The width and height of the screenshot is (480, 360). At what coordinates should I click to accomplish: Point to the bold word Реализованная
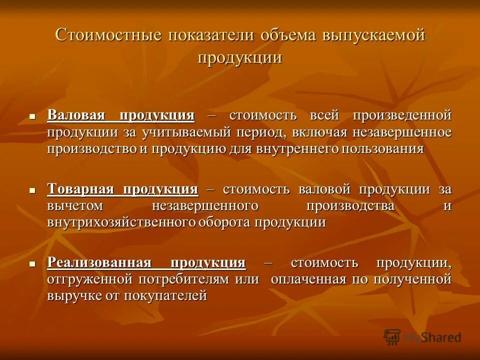99,262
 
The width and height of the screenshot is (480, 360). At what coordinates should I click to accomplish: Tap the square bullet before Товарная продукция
32,190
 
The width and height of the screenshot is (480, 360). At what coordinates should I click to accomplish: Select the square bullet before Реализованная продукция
32,263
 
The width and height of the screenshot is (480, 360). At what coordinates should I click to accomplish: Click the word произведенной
402,115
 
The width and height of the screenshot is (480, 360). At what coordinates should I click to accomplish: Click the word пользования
382,149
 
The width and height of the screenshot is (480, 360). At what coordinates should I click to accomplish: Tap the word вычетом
75,206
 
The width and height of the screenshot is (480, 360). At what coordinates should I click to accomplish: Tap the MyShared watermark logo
422,337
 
